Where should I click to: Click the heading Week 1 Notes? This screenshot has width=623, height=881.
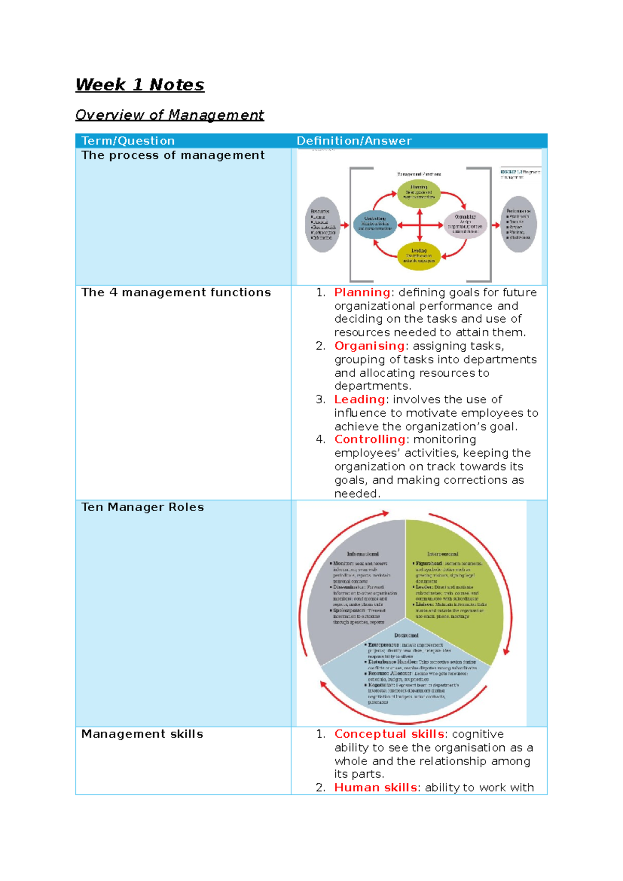[x=140, y=85]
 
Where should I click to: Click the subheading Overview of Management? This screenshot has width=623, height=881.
[x=169, y=115]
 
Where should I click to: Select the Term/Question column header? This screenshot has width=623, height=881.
[x=128, y=141]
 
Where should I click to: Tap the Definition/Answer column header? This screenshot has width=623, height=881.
[x=354, y=141]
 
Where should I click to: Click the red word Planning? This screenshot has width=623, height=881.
[x=362, y=292]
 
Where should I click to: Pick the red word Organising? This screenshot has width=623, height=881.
[x=369, y=346]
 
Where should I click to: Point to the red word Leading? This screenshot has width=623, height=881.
[x=359, y=399]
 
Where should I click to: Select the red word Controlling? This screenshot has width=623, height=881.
[x=370, y=439]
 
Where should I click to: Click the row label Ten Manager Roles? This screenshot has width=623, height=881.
[x=142, y=507]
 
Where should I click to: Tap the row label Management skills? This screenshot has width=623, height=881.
[x=142, y=734]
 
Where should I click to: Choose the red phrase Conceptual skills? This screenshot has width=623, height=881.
[x=389, y=734]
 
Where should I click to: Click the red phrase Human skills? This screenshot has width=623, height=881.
[x=376, y=787]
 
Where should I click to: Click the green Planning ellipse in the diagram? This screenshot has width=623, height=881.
[x=418, y=193]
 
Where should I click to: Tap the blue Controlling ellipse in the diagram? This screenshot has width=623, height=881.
[x=375, y=224]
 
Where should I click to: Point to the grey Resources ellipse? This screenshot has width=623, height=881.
[x=322, y=225]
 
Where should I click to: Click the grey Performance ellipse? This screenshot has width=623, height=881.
[x=518, y=224]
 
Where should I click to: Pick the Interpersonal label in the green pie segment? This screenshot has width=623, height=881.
[x=443, y=554]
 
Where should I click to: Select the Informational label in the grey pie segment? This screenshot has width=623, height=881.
[x=363, y=554]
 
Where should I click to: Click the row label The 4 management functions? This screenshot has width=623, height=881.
[x=176, y=292]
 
